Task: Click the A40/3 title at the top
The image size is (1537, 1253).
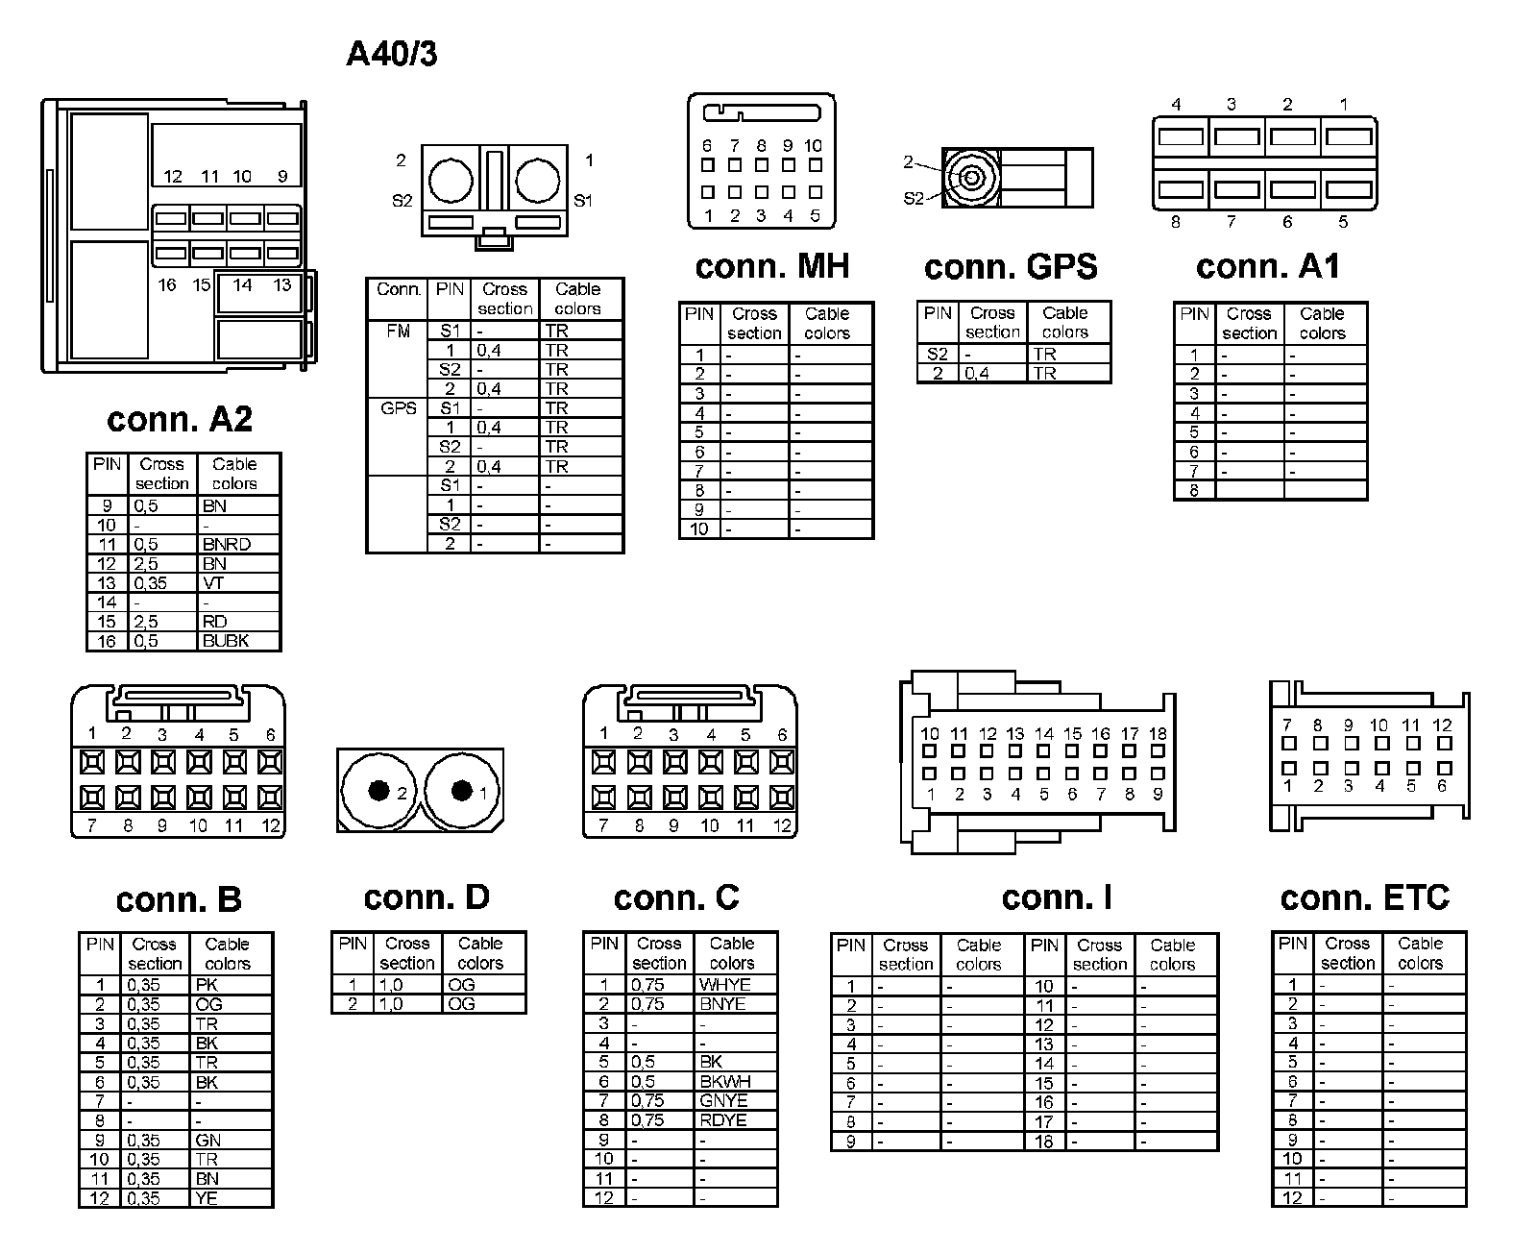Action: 391,55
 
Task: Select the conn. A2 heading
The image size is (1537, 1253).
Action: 180,419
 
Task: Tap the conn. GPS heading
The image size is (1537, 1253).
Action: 1010,266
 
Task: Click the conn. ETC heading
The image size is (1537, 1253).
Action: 1364,897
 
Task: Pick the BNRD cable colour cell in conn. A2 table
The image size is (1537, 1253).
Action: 227,544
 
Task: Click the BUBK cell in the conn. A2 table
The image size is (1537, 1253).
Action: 226,641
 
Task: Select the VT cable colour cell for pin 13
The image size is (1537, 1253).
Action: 213,582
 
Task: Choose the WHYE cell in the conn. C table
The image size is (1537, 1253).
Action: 724,985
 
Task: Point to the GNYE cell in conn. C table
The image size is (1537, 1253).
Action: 723,1100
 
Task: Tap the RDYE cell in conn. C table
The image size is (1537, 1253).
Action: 722,1119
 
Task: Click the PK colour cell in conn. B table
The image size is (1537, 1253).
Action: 207,985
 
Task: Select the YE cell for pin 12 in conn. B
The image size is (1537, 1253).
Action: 207,1198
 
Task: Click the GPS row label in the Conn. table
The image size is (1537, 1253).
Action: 398,408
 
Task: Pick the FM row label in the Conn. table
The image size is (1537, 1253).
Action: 398,332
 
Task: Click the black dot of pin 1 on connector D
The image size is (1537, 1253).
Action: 462,791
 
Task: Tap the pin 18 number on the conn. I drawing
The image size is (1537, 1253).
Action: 1158,734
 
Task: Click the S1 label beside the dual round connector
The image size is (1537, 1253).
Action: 583,201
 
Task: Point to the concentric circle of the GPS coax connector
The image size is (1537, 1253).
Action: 970,178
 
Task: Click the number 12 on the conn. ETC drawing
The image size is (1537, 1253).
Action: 1442,725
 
